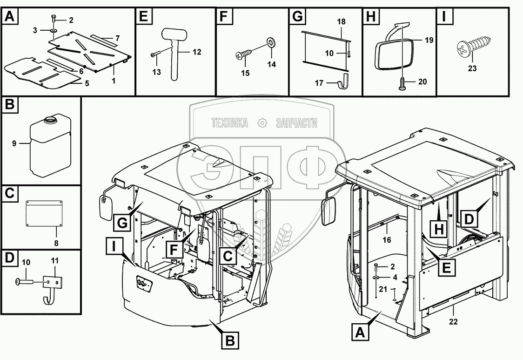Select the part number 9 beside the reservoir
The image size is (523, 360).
pyautogui.click(x=14, y=143)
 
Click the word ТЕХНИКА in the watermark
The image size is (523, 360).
pyautogui.click(x=229, y=123)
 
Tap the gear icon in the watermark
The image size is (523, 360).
pyautogui.click(x=263, y=123)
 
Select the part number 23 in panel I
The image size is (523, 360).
pyautogui.click(x=472, y=69)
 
